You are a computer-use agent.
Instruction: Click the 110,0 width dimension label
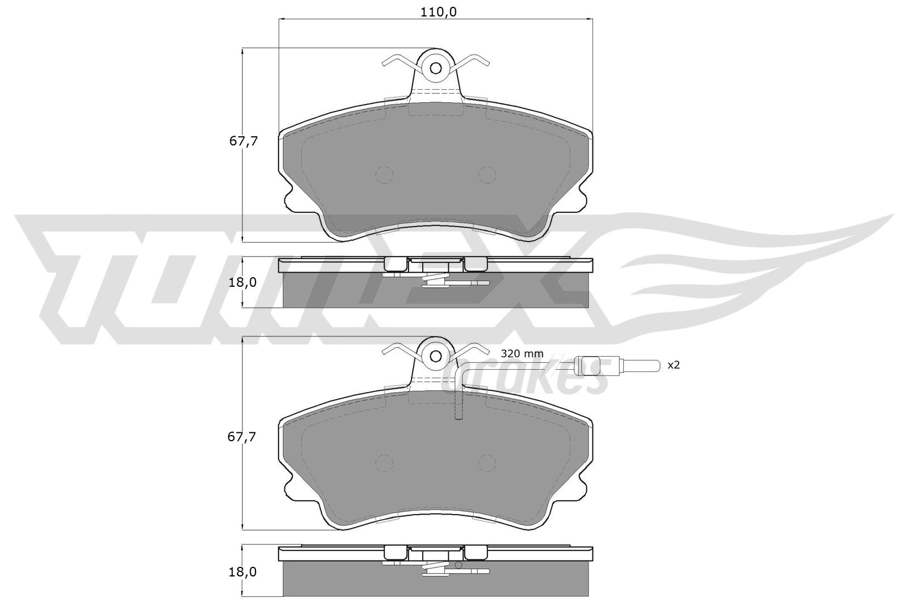click(x=439, y=12)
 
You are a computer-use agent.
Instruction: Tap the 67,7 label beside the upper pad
click(x=243, y=141)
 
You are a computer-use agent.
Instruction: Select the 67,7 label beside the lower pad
click(x=242, y=437)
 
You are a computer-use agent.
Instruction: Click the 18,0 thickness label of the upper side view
click(x=242, y=282)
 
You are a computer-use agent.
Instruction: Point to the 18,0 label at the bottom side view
click(x=242, y=572)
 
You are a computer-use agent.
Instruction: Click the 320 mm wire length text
click(x=522, y=354)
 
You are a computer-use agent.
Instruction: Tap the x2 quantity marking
click(x=674, y=365)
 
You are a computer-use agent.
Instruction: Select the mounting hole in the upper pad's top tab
click(x=436, y=68)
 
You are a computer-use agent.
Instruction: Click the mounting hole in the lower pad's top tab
click(x=436, y=356)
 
